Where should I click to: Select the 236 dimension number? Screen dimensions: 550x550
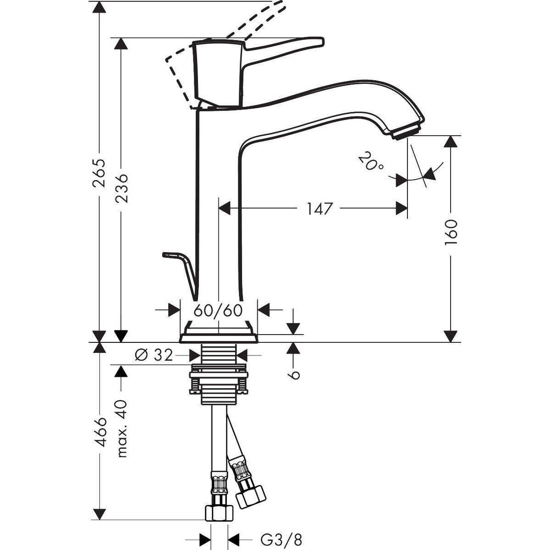pos(121,188)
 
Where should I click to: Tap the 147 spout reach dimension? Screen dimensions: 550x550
pos(319,209)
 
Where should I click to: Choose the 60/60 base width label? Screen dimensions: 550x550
pos(218,310)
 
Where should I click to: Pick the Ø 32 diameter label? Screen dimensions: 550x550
pos(154,354)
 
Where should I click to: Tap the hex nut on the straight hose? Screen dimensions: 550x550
pos(219,512)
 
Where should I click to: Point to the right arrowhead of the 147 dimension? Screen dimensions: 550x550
pos(402,209)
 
